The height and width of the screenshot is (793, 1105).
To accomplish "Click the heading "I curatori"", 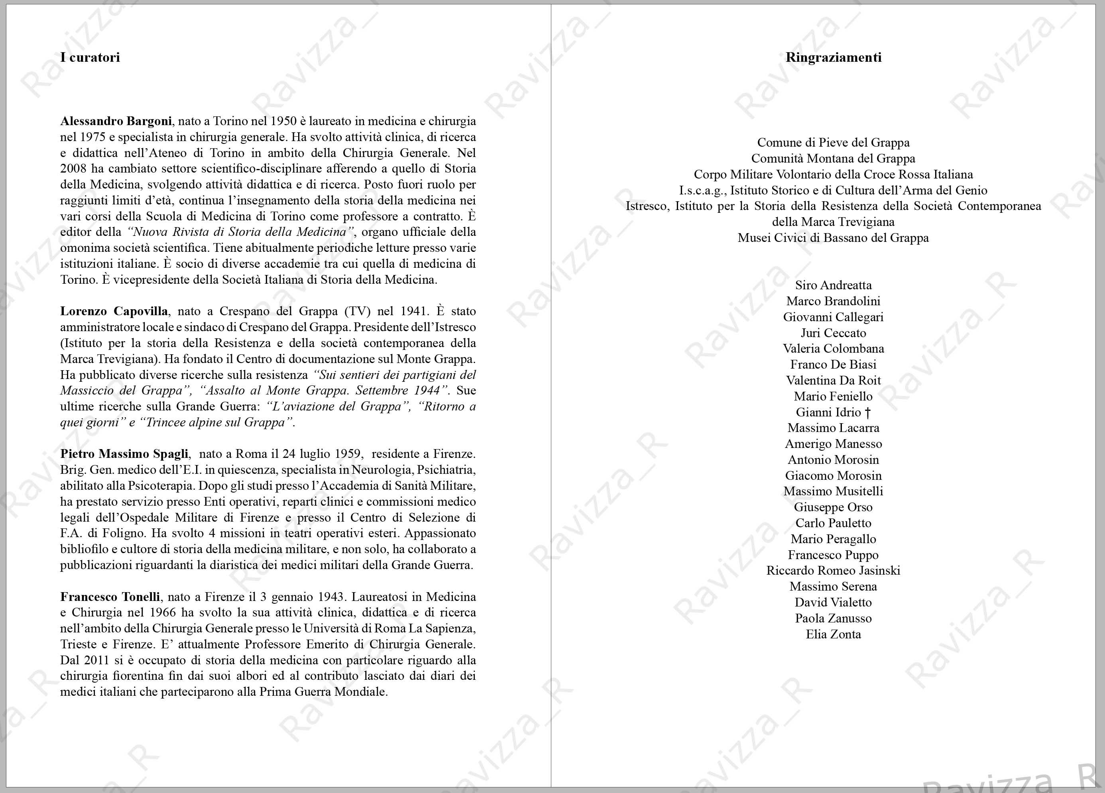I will coord(90,57).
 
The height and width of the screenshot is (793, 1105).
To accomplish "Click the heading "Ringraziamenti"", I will coord(833,57).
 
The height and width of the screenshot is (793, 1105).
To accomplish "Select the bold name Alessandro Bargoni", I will coord(116,121).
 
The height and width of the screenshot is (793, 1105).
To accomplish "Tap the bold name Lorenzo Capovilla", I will coord(114,311).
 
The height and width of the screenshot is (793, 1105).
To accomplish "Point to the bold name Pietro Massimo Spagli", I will coord(124,454).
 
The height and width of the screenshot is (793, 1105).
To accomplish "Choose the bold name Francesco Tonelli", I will coord(110,597).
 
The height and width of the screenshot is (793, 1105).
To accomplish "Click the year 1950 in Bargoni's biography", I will coord(283,121).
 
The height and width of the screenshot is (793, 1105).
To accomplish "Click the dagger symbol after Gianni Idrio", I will coord(867,412).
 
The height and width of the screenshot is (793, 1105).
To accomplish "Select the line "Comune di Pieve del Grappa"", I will coord(833,143).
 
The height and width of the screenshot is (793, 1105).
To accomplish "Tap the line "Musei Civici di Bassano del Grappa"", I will coord(833,238).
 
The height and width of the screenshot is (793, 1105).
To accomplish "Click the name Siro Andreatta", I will coord(833,285).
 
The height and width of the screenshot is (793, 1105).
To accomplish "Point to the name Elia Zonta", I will coord(833,634).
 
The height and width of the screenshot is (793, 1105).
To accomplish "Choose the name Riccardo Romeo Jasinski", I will coord(833,571).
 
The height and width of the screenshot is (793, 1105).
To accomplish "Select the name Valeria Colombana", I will coord(833,349).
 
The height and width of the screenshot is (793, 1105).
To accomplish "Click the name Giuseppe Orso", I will coord(833,507).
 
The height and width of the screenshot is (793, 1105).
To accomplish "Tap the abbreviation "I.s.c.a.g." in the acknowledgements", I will coord(701,190).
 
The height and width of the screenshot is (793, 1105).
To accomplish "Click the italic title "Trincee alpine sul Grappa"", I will coord(217,422).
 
